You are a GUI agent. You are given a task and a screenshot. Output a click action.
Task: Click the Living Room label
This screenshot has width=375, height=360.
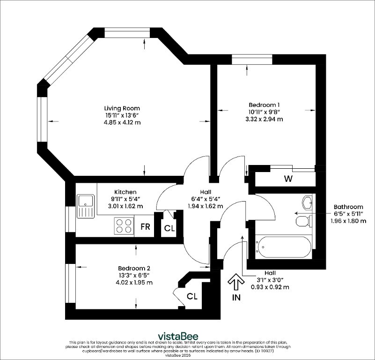click(x=122, y=108)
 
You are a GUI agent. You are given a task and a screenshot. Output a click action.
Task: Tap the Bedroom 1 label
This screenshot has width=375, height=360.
click(x=264, y=105)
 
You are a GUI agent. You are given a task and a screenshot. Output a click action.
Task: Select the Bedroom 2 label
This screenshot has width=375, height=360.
click(x=134, y=268)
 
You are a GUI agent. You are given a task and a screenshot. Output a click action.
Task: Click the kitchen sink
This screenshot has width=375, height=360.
click(x=86, y=206)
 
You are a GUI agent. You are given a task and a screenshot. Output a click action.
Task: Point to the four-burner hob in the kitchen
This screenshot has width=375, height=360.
click(x=124, y=226)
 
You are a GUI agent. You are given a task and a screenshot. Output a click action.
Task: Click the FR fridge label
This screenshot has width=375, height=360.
click(x=145, y=226)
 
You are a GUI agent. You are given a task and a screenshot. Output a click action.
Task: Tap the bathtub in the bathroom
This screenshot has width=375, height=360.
click(x=283, y=247)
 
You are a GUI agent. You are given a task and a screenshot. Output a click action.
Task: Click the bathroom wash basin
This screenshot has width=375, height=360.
click(x=307, y=202)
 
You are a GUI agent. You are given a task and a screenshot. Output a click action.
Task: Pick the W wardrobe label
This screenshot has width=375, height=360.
click(x=288, y=179)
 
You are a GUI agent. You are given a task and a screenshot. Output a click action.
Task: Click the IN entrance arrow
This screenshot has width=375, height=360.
click(x=236, y=282)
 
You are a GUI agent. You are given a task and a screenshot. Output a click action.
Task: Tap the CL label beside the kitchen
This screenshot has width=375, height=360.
click(x=169, y=228)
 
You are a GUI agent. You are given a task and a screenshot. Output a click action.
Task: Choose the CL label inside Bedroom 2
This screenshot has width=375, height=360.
click(x=192, y=297)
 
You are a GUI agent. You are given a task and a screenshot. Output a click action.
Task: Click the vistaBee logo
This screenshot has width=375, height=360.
click(x=178, y=336)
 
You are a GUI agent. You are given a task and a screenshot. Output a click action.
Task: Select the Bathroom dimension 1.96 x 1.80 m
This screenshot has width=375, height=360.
click(x=348, y=221)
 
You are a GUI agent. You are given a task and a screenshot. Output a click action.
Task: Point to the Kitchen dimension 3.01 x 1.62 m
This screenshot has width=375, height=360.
click(x=125, y=206)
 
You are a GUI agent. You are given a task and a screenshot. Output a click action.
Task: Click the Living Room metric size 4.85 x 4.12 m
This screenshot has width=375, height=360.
click(x=122, y=122)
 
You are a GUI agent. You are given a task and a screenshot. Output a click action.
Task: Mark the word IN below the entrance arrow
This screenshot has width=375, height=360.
click(x=236, y=298)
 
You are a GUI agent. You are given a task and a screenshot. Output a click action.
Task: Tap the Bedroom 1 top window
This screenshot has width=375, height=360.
click(x=252, y=60)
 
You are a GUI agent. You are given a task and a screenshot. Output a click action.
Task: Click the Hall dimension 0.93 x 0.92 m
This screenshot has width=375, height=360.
click(x=270, y=287)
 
